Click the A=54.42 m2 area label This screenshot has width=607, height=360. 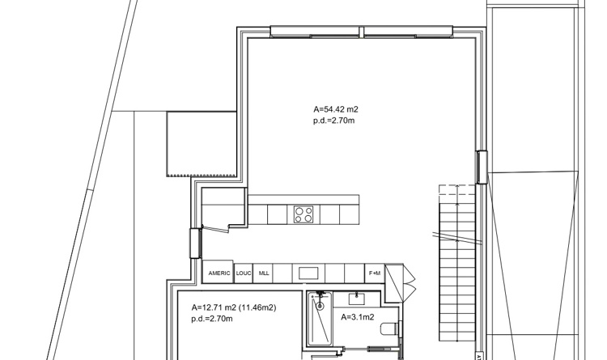click(334, 109)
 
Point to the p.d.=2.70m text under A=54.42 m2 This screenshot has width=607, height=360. click(334, 121)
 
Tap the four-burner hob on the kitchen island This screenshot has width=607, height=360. click(304, 214)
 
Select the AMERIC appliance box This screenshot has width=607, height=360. click(219, 274)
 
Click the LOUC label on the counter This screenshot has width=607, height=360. click(244, 274)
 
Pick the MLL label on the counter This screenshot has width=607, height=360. click(264, 274)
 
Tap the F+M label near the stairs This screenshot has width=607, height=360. click(375, 274)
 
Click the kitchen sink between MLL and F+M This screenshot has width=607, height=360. click(309, 273)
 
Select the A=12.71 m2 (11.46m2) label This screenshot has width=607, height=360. click(234, 308)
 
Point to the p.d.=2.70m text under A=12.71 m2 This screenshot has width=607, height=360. click(212, 319)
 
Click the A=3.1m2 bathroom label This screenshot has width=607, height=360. click(357, 317)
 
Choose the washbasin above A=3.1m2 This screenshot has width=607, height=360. click(356, 299)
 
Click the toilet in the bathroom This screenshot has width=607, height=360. click(391, 328)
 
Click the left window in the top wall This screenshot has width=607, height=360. click(314, 32)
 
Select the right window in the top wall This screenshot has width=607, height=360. click(408, 32)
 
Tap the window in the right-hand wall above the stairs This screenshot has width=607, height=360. click(481, 167)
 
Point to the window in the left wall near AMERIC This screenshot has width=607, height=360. click(195, 243)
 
